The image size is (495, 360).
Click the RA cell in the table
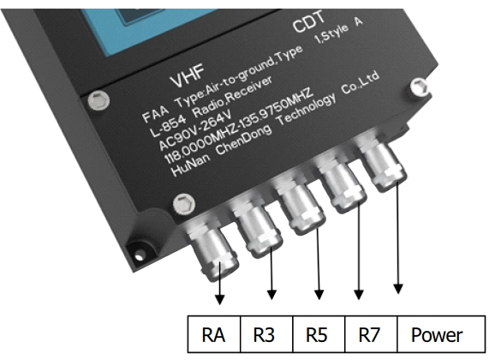click(x=214, y=333)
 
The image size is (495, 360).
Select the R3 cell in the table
click(x=266, y=333)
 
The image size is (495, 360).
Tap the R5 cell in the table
click(x=319, y=333)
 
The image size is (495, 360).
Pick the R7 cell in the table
click(x=371, y=333)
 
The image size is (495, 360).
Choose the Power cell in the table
click(x=441, y=333)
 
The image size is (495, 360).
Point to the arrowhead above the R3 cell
click(x=271, y=295)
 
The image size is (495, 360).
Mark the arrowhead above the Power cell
click(x=398, y=289)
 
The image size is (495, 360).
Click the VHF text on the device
click(x=188, y=76)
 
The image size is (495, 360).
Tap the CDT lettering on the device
click(x=308, y=21)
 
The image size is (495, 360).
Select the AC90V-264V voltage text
click(x=195, y=130)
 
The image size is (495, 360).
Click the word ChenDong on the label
click(x=243, y=140)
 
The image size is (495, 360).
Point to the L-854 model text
click(x=167, y=126)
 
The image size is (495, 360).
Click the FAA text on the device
click(x=155, y=113)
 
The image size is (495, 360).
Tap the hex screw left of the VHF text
click(x=98, y=100)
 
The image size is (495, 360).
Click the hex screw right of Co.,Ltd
click(x=420, y=86)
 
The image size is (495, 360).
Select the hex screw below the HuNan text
click(x=184, y=203)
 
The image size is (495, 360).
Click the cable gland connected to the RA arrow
click(x=212, y=249)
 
